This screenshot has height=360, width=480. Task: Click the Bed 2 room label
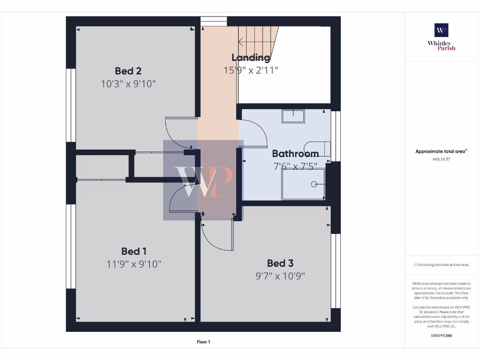[x=128, y=71]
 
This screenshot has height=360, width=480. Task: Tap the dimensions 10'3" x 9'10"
[x=128, y=84]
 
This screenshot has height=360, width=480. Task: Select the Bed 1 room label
[x=134, y=251]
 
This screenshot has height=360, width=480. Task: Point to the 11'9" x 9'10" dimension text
[x=134, y=264]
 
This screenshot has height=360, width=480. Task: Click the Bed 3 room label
[x=280, y=263]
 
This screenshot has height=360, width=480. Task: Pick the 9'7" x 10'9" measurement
[x=280, y=276]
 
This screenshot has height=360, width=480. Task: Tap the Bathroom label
[x=295, y=153]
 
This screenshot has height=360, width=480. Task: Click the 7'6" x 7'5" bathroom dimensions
[x=295, y=166]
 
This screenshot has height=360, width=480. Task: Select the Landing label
[x=251, y=57]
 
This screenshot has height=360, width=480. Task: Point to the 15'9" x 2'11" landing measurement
[x=251, y=70]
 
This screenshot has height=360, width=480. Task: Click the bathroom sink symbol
[x=293, y=116]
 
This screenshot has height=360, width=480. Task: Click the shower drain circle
[x=314, y=184]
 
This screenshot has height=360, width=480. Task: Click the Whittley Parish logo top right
[x=441, y=37]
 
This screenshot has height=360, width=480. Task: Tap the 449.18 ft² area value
[x=441, y=159]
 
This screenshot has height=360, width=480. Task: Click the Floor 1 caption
[x=203, y=342]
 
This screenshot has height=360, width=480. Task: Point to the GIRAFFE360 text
[x=441, y=336]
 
